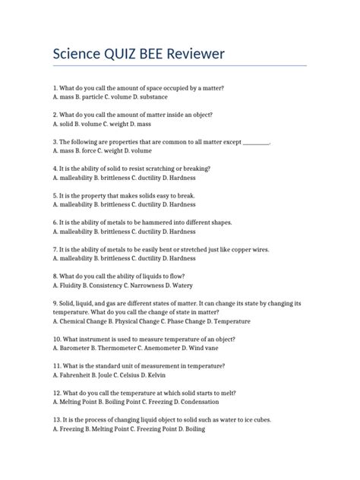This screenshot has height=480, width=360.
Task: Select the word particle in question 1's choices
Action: point(96,98)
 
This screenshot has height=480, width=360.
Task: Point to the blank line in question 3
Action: point(261,142)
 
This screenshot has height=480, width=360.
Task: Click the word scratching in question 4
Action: point(165,169)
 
